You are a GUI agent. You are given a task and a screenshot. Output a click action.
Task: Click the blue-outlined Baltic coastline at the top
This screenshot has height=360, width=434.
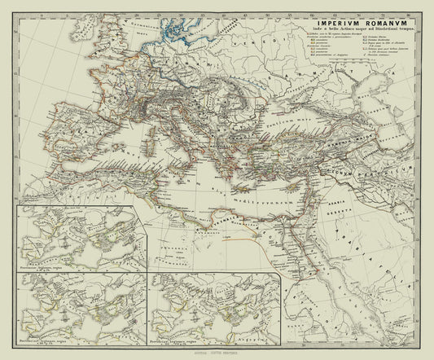click(x=175, y=33)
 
